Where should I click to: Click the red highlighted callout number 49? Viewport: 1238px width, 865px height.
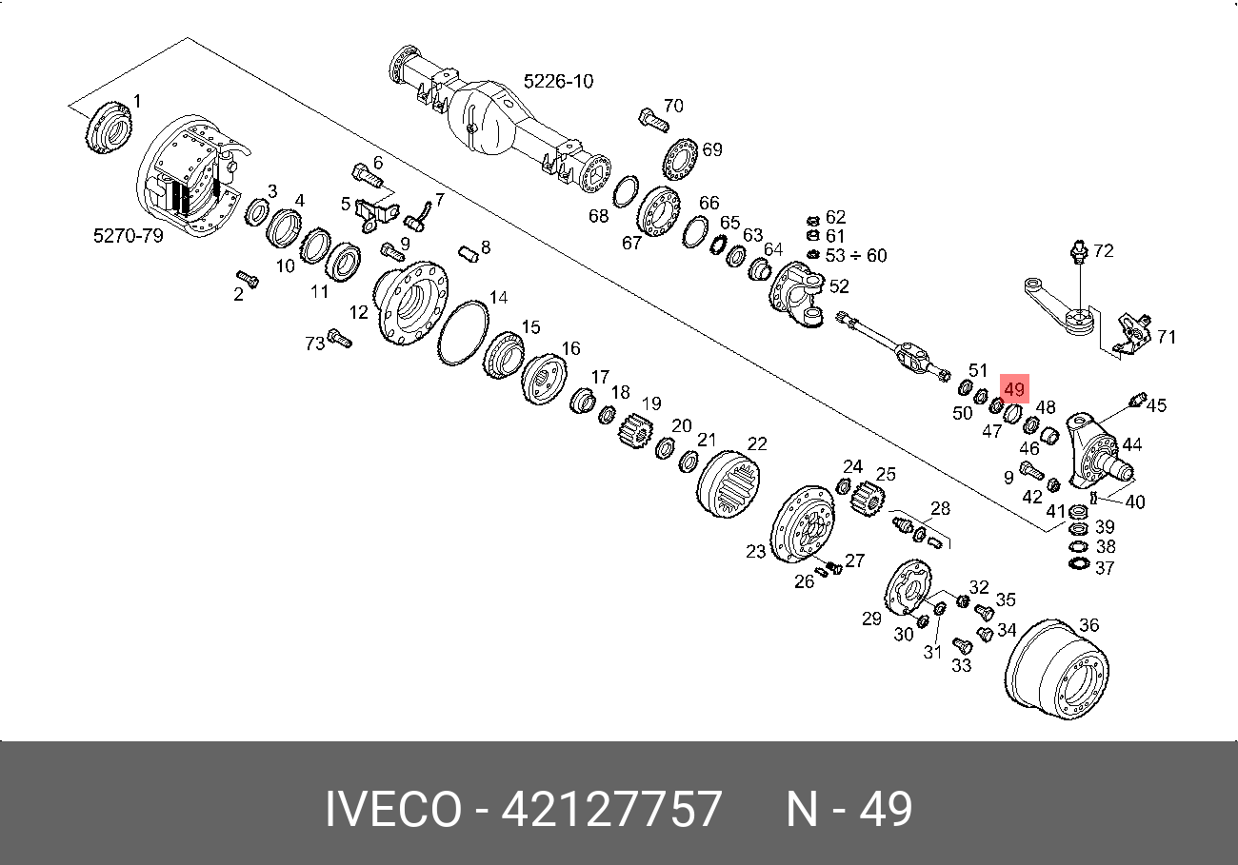pyautogui.click(x=1014, y=389)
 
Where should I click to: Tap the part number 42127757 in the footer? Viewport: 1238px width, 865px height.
pyautogui.click(x=611, y=809)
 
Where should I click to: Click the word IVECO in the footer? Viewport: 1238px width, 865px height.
pyautogui.click(x=393, y=809)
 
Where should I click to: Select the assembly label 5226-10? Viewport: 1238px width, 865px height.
pyautogui.click(x=558, y=81)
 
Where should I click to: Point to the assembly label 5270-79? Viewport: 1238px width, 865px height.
pyautogui.click(x=129, y=236)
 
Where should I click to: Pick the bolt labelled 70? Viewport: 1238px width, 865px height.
pyautogui.click(x=653, y=120)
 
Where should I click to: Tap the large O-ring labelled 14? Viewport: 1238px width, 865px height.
pyautogui.click(x=463, y=333)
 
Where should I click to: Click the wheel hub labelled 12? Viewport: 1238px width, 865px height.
pyautogui.click(x=410, y=304)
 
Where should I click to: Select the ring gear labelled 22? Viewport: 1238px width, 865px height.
pyautogui.click(x=728, y=484)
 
